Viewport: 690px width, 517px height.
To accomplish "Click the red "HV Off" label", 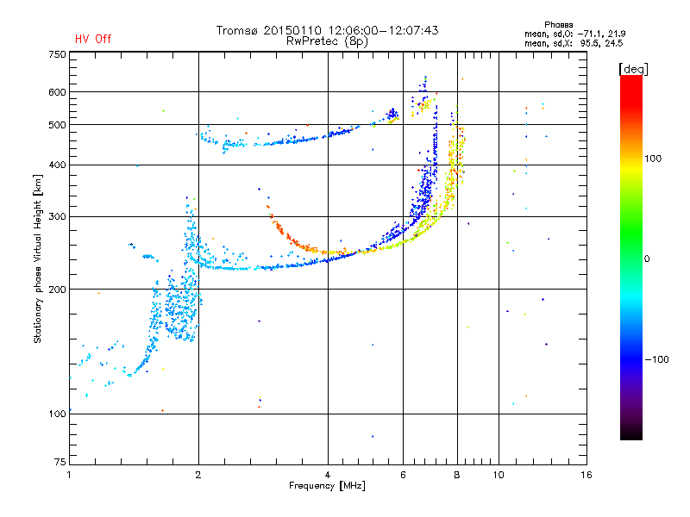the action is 93,39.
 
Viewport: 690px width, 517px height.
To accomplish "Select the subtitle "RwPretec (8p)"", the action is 327,41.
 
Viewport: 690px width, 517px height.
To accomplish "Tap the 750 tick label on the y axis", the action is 57,54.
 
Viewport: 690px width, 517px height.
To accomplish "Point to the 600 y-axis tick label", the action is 57,92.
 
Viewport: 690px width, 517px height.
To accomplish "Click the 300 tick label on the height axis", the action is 57,217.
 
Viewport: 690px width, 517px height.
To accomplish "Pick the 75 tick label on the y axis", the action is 60,462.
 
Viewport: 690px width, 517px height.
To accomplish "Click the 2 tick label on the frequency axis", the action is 198,475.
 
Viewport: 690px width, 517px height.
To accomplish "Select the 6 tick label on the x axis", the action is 403,475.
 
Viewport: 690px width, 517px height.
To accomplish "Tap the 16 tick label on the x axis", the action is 586,475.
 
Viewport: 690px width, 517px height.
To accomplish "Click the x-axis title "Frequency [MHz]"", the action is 327,486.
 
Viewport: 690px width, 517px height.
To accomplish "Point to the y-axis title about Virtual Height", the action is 38,259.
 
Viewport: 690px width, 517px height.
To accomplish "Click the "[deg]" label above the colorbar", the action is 633,69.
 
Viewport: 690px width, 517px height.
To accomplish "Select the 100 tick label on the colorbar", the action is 653,159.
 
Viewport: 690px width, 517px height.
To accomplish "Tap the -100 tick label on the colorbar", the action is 656,359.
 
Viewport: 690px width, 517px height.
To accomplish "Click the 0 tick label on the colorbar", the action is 647,259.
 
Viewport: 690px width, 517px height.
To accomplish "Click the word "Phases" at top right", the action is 558,25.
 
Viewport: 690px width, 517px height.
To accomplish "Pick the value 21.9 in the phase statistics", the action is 618,34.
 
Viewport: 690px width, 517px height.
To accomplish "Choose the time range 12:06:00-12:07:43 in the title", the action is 383,30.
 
